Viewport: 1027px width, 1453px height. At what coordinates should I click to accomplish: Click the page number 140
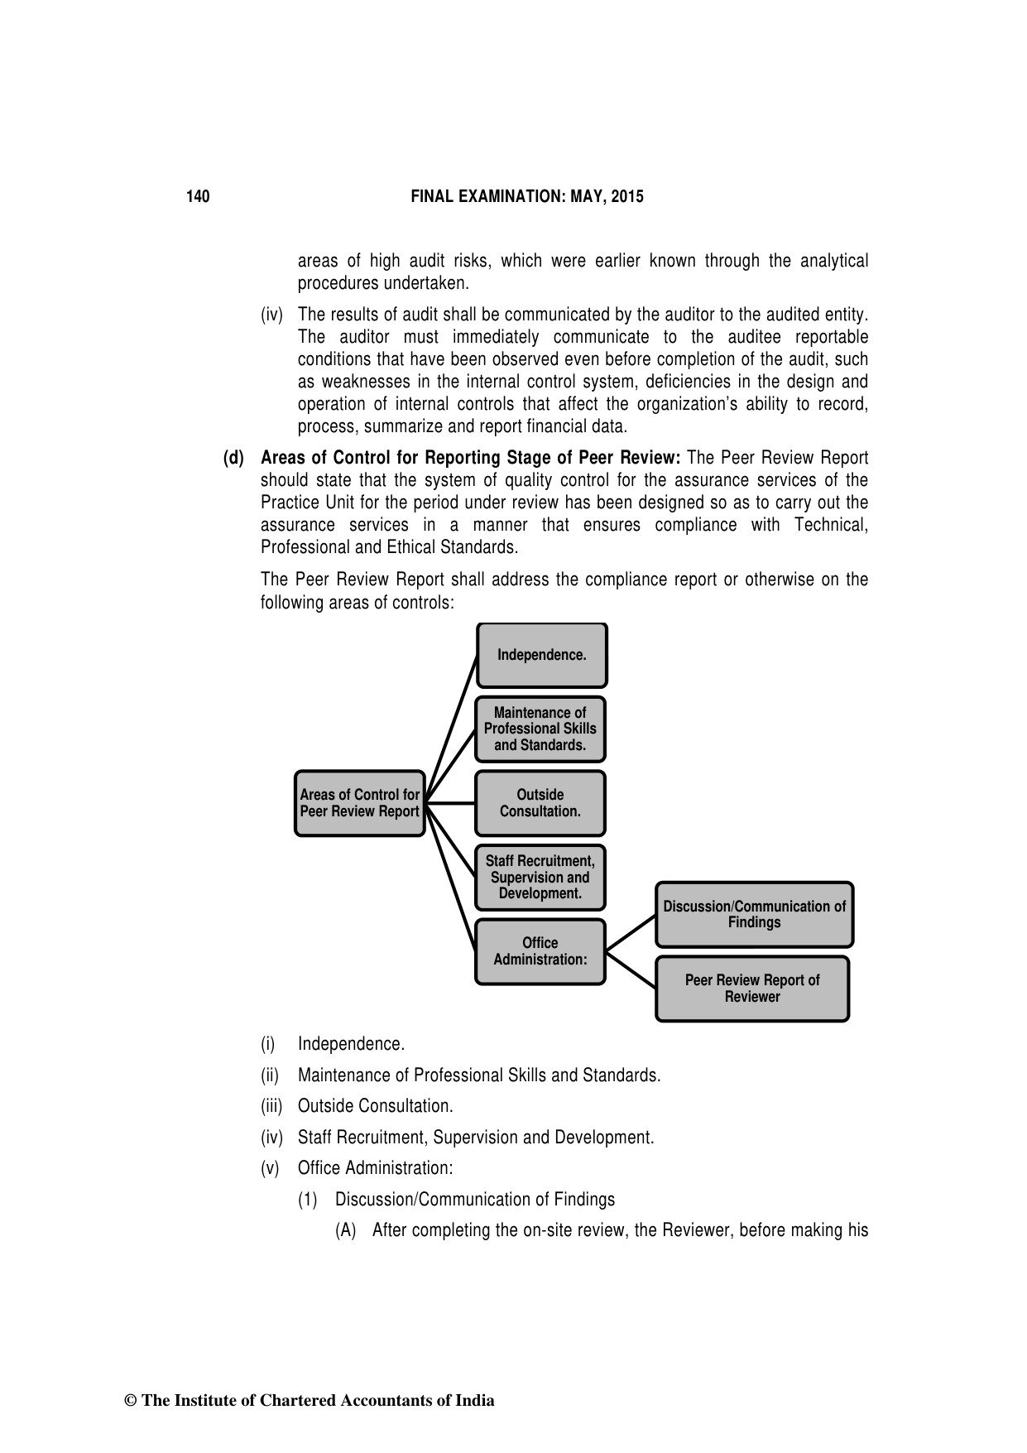click(198, 197)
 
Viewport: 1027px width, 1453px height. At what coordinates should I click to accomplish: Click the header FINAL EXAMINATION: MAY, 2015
click(527, 197)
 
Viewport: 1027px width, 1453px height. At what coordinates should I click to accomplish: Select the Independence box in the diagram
click(542, 655)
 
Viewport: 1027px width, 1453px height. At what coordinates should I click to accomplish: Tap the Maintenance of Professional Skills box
click(540, 729)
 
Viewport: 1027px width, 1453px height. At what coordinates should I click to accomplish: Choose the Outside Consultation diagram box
click(540, 803)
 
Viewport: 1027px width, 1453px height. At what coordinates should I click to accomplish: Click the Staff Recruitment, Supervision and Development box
click(540, 878)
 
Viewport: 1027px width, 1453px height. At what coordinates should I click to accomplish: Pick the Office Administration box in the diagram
click(540, 951)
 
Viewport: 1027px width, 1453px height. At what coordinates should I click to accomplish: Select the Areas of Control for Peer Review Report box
click(359, 803)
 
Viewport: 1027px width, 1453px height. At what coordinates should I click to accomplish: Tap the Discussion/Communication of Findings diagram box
click(754, 915)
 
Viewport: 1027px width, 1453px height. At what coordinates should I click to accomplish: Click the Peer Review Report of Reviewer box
click(752, 989)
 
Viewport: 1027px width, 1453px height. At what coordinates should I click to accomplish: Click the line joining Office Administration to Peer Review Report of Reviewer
click(631, 969)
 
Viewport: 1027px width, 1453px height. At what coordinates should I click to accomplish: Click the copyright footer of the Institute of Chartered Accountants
click(309, 1401)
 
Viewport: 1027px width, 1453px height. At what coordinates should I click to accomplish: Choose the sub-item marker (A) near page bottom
click(345, 1230)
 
